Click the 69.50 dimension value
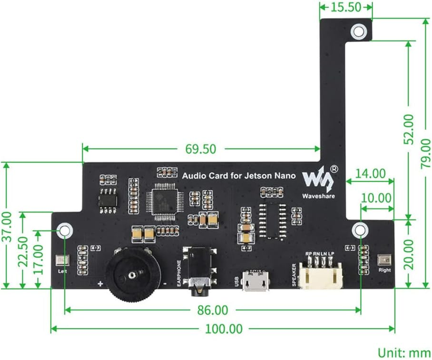201,148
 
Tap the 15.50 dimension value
346,8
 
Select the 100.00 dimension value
224,329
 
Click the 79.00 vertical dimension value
425,153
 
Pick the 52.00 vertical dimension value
409,129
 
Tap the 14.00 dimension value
370,173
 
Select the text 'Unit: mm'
403,352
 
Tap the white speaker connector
320,274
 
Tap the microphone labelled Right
384,260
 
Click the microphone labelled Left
62,260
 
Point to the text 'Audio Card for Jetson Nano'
239,175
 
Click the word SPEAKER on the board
294,274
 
